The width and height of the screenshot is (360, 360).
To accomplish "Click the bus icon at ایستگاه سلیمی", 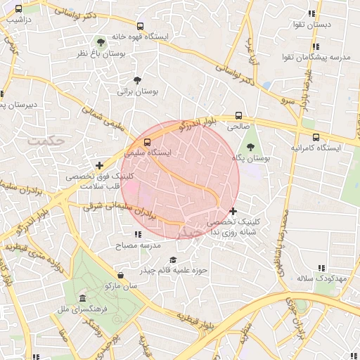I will pos(146,142).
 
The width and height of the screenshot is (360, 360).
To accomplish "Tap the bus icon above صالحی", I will pos(238,116).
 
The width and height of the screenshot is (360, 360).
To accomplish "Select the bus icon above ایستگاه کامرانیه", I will pos(316,137).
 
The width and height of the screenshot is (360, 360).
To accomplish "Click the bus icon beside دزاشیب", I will pos(18,9).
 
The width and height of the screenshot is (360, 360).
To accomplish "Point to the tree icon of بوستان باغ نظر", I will pos(102,42).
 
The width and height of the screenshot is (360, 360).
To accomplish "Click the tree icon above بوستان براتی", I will pos(136,80).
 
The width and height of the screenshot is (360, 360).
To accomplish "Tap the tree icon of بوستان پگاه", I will pos(251,147).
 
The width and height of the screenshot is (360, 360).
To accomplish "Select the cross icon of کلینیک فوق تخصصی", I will pos(100,165).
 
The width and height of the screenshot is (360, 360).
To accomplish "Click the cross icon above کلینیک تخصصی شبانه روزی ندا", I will pos(233,211).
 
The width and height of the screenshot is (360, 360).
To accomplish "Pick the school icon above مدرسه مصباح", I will pos(136,233).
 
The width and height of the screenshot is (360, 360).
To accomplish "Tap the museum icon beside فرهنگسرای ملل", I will pos(83,299).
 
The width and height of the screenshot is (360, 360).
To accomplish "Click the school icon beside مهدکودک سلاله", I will pos(321,268).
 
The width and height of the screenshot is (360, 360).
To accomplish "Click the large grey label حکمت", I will pos(47,141).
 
